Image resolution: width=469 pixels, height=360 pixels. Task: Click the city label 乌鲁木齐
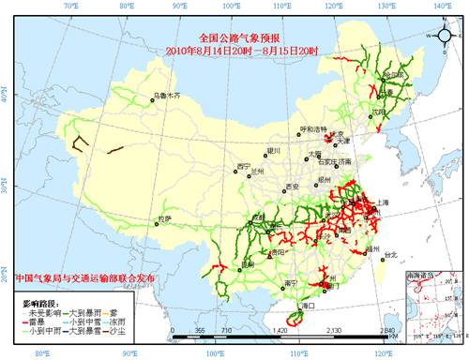[x=167, y=96]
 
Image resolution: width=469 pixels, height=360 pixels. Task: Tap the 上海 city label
[x=382, y=202]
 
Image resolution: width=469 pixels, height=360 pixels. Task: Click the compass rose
[x=443, y=34]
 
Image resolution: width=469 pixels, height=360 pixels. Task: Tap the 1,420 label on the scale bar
[x=279, y=332]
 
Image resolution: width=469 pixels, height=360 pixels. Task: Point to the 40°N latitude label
[x=7, y=97]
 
